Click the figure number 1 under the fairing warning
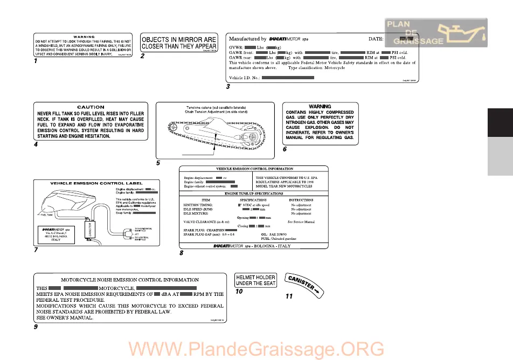pos(35,62)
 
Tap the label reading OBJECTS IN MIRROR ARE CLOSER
pos(179,43)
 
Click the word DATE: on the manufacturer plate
pos(376,39)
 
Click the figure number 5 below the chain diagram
pos(158,162)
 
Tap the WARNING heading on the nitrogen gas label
pos(320,106)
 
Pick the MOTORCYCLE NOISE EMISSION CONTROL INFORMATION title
pos(129,280)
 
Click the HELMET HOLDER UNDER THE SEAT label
pos(256,280)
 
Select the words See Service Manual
pos(301,221)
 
